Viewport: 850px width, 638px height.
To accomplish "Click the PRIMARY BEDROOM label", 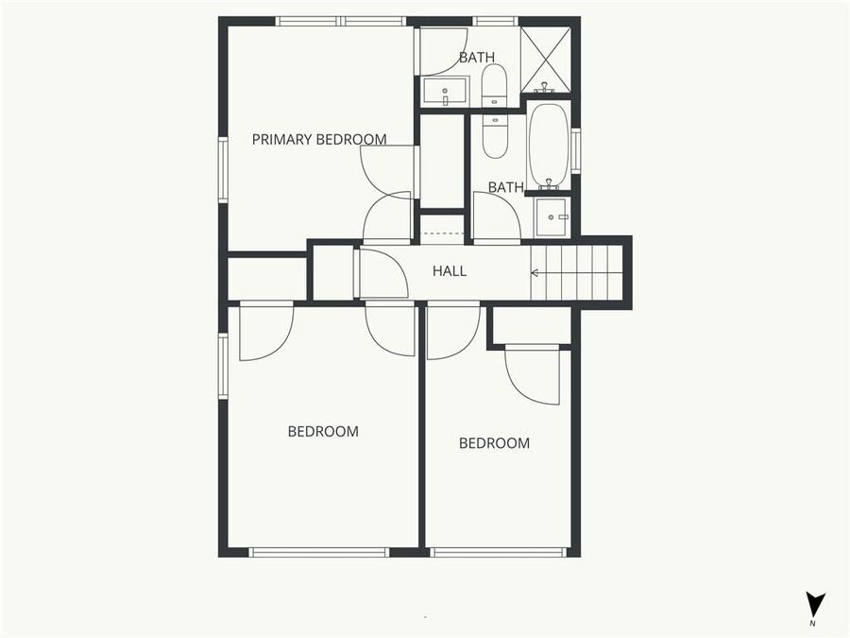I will coord(319,140).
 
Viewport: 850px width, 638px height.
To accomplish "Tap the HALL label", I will coord(450,271).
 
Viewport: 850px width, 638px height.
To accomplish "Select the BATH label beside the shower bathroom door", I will coord(477,58).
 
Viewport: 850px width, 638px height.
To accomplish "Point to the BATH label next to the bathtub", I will coord(505,187).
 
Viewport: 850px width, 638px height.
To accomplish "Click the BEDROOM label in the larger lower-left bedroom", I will coord(323,432).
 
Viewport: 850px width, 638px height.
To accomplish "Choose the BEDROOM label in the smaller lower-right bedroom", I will coord(494,443).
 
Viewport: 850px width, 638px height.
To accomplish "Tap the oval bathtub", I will coord(548,145).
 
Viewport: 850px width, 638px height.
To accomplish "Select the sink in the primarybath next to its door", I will coord(444,93).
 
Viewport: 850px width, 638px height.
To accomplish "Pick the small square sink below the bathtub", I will coord(551,217).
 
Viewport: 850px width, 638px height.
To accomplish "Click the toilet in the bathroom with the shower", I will coord(494,86).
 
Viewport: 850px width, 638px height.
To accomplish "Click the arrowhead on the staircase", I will coord(535,273).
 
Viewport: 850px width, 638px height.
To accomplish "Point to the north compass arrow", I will coord(815,604).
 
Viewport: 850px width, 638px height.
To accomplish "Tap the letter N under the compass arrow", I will coord(812,624).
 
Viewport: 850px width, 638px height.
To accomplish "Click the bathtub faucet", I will coord(548,181).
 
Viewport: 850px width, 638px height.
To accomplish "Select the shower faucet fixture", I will coord(544,88).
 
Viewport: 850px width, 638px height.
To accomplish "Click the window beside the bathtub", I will coord(575,150).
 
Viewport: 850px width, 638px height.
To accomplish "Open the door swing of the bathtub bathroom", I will coord(496,217).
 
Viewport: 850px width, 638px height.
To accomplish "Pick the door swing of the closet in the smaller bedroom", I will coord(535,375).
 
